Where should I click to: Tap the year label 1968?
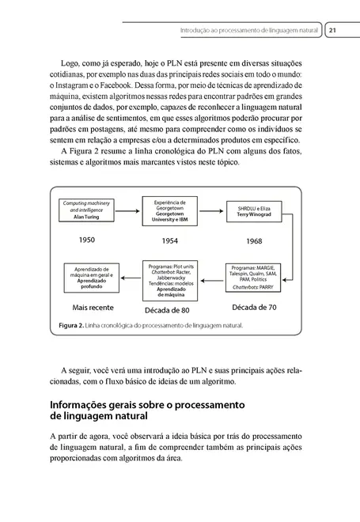click(254, 240)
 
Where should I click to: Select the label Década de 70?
click(255, 305)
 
